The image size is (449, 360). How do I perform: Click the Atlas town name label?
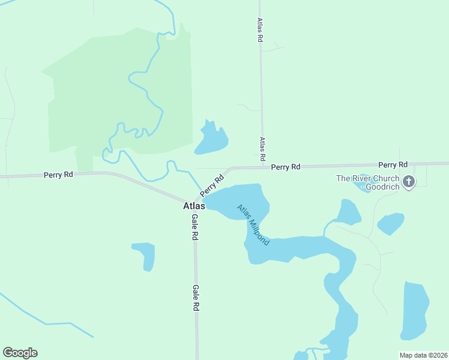point(194,206)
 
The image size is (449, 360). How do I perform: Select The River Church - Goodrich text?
point(367,182)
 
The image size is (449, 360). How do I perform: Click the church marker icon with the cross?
point(409,181)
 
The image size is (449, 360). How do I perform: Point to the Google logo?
point(20,353)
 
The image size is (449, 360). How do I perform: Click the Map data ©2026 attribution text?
point(423,355)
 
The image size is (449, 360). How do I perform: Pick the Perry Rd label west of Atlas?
point(58,175)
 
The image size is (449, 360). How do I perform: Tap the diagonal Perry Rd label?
point(212,185)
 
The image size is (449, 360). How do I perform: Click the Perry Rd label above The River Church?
point(393,164)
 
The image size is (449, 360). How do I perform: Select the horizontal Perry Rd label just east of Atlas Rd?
point(285,167)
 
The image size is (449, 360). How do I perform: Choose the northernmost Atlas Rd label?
point(260,29)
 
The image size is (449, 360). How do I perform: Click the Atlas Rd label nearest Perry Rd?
point(262,149)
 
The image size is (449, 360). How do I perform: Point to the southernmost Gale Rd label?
point(196,297)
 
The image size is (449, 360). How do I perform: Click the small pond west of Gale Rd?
point(146,254)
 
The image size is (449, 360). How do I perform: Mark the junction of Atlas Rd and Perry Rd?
point(262,166)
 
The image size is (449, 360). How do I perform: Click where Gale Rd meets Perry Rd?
point(194,202)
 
